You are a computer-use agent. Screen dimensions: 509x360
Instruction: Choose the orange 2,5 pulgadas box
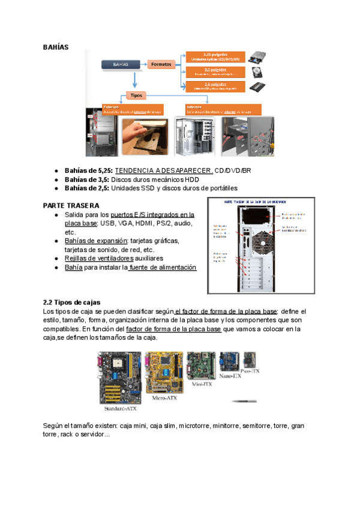[215, 87]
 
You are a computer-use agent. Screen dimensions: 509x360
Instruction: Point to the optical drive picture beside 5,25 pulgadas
[260, 57]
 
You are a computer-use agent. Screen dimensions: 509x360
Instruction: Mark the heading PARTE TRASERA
[67, 205]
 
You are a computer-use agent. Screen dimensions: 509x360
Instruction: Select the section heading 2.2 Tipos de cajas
[72, 302]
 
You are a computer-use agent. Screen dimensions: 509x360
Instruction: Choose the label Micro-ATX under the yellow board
[164, 397]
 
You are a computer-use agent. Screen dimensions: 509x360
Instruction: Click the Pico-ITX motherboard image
[249, 360]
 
